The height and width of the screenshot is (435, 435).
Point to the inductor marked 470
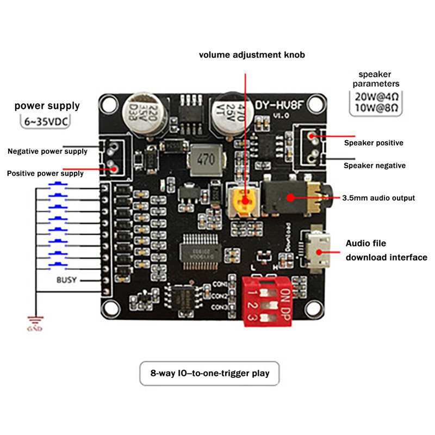point(205,160)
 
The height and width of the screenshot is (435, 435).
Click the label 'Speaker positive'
point(374,143)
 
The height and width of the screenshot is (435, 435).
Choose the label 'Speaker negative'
point(375,165)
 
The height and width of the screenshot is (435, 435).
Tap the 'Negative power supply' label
point(47,151)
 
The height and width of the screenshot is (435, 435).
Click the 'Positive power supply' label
point(45,173)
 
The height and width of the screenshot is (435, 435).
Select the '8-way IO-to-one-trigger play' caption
point(209,374)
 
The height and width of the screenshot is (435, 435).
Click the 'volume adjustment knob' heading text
point(252,55)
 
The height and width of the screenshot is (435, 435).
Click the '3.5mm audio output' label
point(378,198)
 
